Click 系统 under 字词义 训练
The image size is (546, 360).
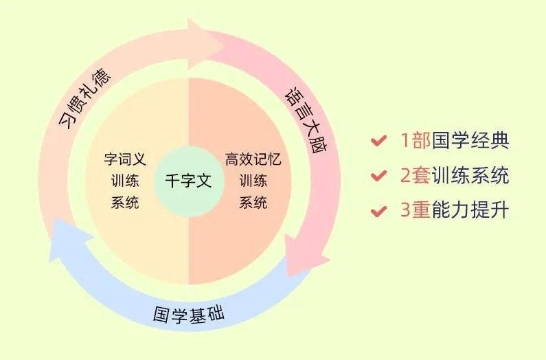point(124,203)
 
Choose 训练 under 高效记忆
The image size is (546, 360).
point(253,181)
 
